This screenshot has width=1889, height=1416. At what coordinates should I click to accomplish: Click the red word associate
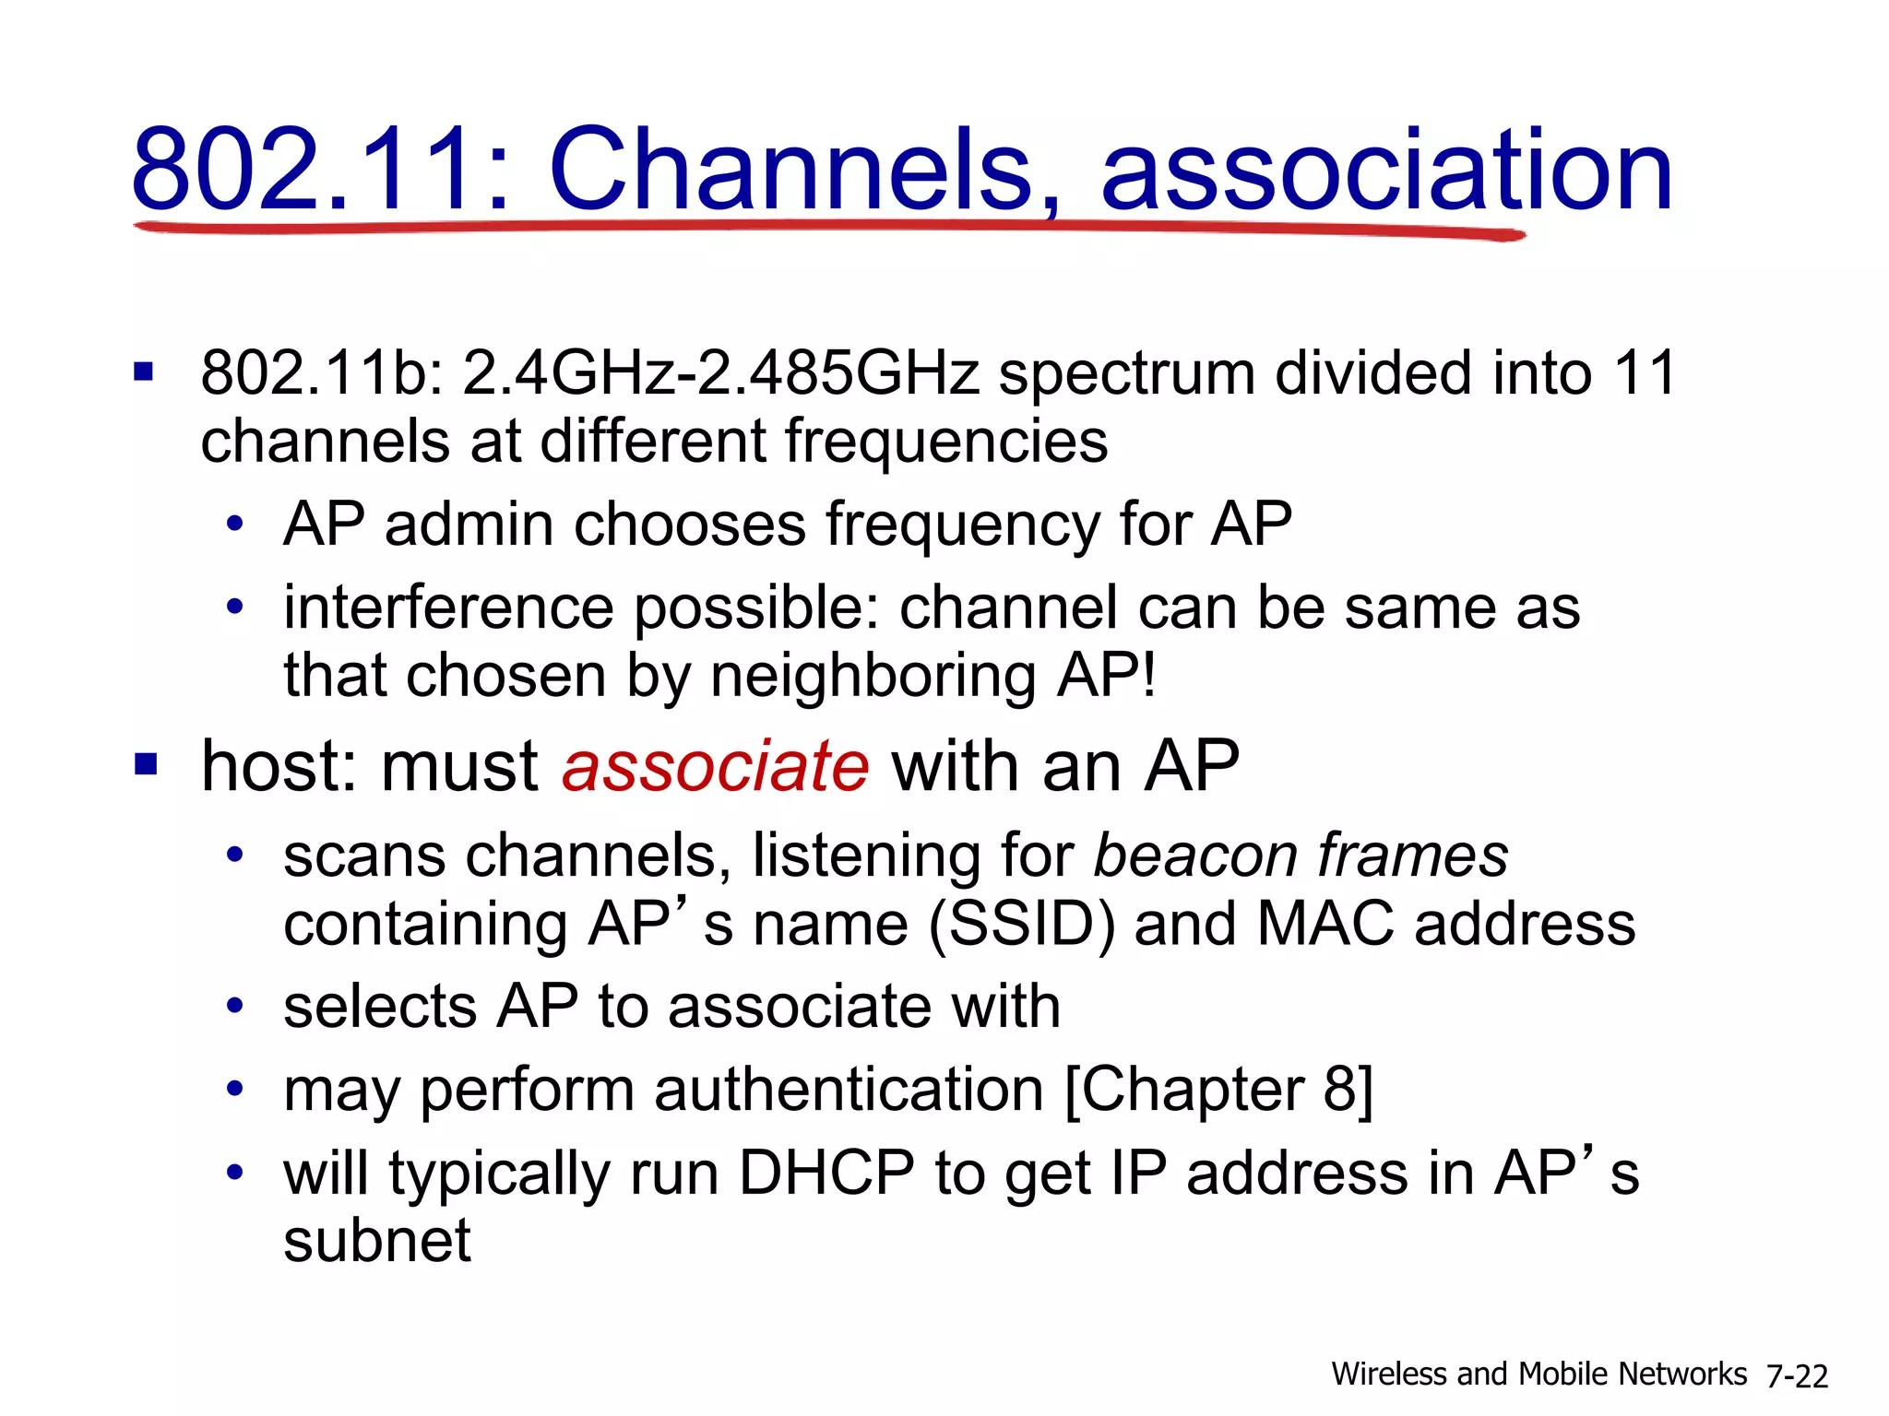(x=716, y=767)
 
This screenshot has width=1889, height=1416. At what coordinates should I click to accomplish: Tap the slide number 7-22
(x=1797, y=1376)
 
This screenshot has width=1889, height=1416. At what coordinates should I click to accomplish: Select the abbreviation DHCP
(x=826, y=1174)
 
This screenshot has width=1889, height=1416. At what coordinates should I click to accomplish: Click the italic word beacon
(x=1194, y=856)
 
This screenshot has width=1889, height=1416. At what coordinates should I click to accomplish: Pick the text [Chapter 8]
(x=1218, y=1091)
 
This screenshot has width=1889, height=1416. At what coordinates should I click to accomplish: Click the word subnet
(x=377, y=1241)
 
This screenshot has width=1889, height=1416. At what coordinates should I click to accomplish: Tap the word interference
(x=448, y=608)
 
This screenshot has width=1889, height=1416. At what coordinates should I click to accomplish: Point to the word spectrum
(x=1127, y=375)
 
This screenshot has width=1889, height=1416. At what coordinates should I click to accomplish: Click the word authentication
(x=849, y=1091)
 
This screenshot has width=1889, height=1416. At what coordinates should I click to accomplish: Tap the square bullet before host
(x=146, y=764)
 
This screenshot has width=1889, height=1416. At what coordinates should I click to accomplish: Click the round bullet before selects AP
(x=235, y=1006)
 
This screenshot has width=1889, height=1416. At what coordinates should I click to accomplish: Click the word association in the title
(x=1386, y=171)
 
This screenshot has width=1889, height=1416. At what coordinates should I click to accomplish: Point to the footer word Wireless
(x=1388, y=1375)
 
